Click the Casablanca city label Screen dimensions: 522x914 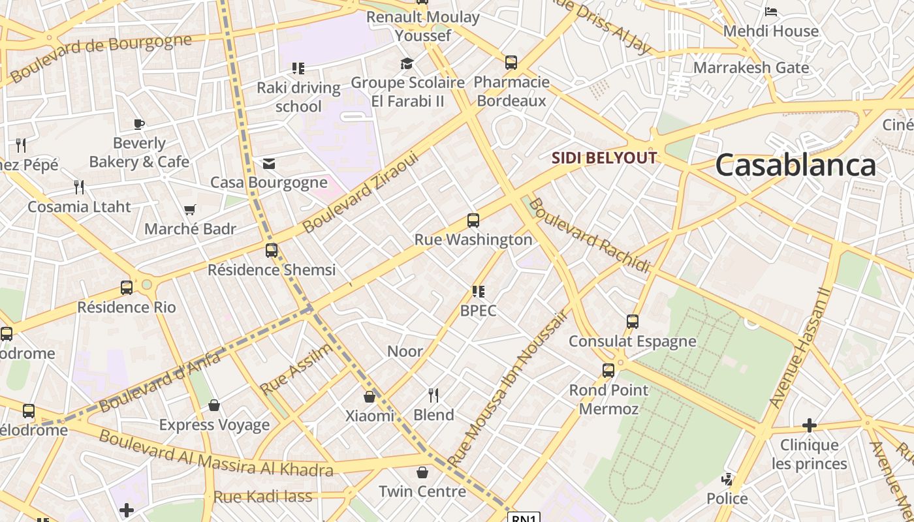[795, 165]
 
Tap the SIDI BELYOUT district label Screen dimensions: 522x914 [604, 158]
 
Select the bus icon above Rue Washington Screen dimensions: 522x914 [473, 221]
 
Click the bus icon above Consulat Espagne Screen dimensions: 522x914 [632, 322]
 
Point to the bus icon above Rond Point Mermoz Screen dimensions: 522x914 [608, 371]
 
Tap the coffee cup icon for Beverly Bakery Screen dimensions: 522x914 [138, 124]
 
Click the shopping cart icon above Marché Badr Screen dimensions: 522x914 [189, 210]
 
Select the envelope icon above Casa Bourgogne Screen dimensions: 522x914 [268, 164]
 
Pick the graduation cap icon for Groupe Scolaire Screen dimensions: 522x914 [407, 63]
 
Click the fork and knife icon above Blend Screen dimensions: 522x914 [433, 395]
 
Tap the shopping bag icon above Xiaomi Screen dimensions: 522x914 [370, 397]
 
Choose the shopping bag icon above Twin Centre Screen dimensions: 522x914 [422, 472]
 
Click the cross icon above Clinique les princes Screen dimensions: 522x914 [810, 426]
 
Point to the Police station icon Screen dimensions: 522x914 [727, 480]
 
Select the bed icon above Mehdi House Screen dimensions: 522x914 [771, 11]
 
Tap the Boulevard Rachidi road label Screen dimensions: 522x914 [589, 235]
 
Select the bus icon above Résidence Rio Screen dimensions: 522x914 [127, 288]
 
